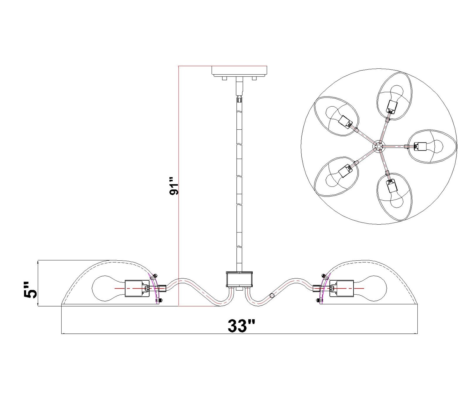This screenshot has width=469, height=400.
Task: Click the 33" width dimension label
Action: click(241, 326)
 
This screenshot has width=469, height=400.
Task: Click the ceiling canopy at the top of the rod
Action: click(239, 71)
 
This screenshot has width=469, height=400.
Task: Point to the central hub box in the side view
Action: click(239, 279)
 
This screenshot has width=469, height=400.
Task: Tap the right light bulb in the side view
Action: click(369, 288)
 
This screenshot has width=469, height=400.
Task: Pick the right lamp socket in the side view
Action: click(341, 288)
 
